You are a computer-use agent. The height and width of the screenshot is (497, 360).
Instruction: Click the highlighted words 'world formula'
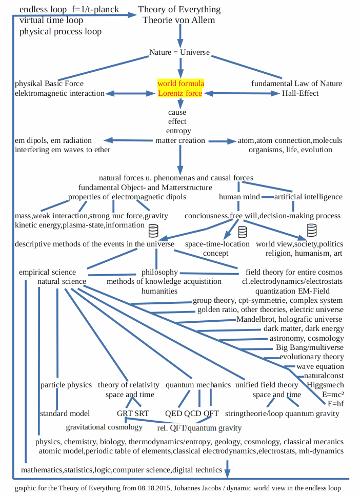181,84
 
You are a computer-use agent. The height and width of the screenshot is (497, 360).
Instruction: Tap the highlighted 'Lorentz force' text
181,93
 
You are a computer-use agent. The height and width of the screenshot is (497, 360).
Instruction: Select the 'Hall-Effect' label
300,93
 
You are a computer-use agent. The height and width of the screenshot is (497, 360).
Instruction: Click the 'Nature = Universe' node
179,53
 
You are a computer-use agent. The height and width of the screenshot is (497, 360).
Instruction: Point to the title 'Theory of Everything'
179,10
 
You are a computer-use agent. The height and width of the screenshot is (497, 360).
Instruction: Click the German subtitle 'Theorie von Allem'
179,20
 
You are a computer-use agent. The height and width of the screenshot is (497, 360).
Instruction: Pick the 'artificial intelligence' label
308,197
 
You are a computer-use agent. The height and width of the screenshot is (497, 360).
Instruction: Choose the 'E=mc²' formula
333,395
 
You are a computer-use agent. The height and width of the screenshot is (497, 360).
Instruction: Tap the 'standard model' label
65,413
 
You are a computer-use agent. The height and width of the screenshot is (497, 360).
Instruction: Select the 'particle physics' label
66,385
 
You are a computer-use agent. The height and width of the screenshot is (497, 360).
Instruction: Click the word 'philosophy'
159,272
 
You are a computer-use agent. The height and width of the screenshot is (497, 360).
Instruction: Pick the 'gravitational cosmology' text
104,427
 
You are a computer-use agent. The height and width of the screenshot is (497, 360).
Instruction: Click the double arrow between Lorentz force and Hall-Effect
241,93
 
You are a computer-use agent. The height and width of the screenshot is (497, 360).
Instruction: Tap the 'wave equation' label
320,366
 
